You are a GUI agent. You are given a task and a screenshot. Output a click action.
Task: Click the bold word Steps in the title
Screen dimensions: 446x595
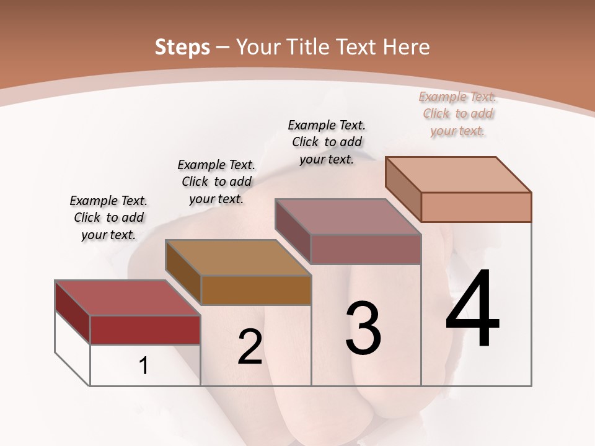click(x=182, y=47)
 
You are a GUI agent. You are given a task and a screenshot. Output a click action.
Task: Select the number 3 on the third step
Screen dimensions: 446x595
click(x=363, y=328)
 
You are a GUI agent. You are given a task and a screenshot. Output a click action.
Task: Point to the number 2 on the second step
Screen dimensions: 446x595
click(x=250, y=347)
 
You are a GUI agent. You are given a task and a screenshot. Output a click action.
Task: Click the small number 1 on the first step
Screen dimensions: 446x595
click(x=144, y=366)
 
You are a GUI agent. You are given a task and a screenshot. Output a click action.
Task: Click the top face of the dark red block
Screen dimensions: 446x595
click(x=128, y=298)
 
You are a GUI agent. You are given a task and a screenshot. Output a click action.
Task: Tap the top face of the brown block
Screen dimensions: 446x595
click(x=238, y=258)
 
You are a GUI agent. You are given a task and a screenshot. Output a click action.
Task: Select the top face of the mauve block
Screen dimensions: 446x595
click(x=348, y=217)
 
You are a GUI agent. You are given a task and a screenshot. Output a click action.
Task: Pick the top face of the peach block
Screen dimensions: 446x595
click(x=458, y=175)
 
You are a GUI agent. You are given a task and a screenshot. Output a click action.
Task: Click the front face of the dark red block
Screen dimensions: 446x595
click(x=145, y=330)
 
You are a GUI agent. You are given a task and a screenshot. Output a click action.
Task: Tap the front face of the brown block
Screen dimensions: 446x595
click(x=256, y=290)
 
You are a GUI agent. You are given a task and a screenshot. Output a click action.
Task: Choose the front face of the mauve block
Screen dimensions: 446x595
click(x=366, y=249)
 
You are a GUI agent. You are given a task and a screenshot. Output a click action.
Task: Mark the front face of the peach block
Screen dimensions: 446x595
click(x=476, y=207)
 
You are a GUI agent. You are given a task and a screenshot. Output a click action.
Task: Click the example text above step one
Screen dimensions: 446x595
click(x=108, y=218)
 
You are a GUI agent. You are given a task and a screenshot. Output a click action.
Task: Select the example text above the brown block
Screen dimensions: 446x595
click(x=216, y=181)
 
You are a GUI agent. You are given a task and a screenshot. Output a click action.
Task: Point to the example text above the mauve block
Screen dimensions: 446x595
click(x=327, y=142)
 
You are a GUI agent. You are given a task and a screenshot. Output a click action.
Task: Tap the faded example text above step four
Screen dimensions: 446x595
click(x=458, y=113)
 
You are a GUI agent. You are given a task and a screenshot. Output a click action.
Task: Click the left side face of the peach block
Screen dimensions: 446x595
click(x=403, y=189)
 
